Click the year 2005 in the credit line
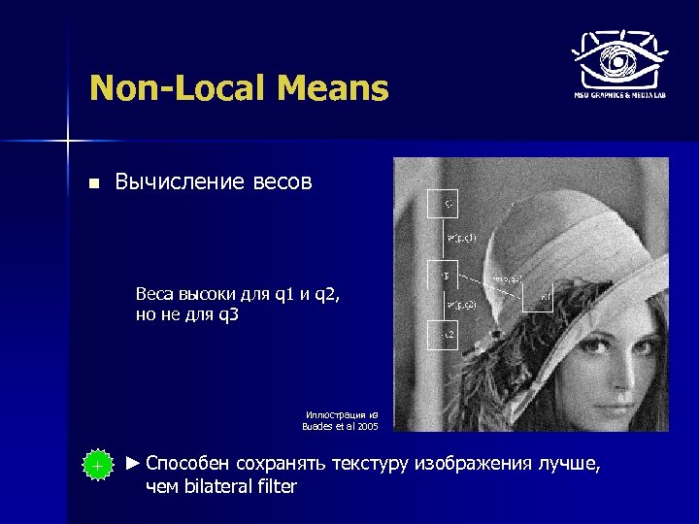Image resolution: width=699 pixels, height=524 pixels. pos(368,425)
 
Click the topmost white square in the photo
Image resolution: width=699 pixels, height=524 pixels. pos(444,205)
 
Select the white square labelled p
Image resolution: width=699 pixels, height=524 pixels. pos(444,277)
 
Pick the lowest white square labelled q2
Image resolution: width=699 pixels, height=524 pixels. pos(444,335)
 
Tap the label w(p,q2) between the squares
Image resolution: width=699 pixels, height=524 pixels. pos(461,306)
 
